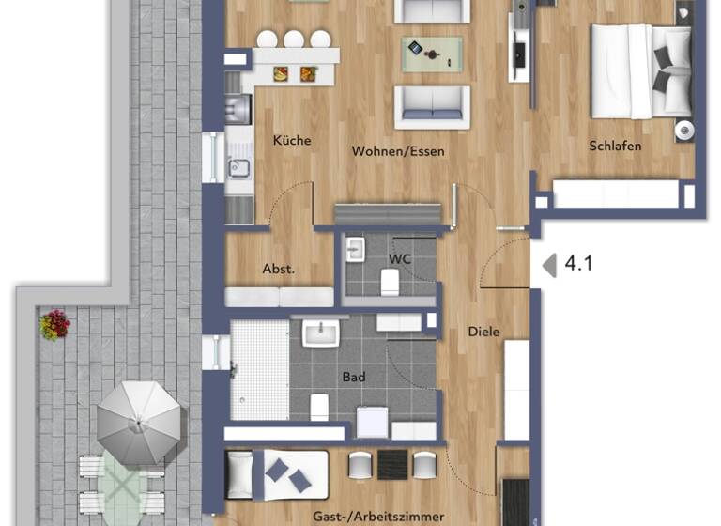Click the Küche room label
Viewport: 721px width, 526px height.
pos(291,141)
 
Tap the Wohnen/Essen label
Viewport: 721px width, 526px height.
pos(398,151)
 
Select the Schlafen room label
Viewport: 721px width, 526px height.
pos(615,146)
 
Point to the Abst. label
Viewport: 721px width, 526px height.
pos(278,269)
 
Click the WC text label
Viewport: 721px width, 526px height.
pos(400,257)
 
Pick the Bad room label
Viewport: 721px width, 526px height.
pos(353,378)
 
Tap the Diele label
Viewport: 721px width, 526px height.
pos(484,332)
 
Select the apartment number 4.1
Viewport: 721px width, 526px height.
pos(578,264)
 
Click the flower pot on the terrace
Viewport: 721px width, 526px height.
pos(54,325)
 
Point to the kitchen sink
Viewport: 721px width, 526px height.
pos(238,168)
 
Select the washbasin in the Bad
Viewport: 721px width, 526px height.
pos(322,333)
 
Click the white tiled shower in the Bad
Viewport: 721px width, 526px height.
pos(259,370)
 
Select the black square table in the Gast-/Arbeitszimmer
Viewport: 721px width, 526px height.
pos(391,464)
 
